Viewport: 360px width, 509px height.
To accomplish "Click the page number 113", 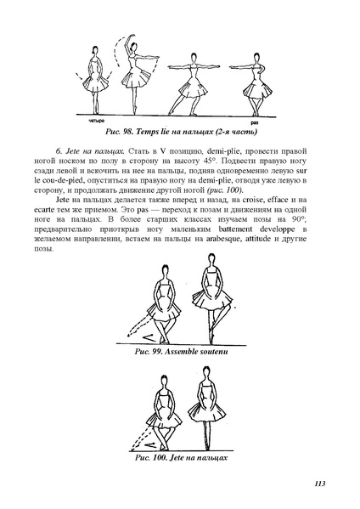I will [319, 484].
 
